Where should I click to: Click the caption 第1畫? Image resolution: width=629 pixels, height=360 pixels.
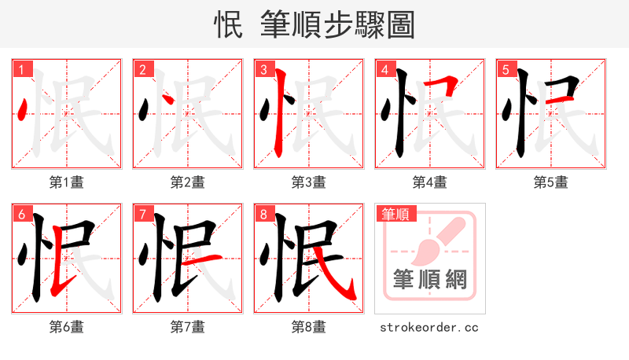point(67,182)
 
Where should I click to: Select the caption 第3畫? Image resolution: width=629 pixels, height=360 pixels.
point(309,182)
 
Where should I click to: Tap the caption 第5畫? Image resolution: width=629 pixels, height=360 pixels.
point(551,182)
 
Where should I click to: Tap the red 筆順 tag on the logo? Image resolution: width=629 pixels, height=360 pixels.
point(395,214)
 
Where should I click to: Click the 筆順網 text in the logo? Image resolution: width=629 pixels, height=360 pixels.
point(429,280)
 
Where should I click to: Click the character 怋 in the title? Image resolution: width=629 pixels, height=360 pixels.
point(229,25)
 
